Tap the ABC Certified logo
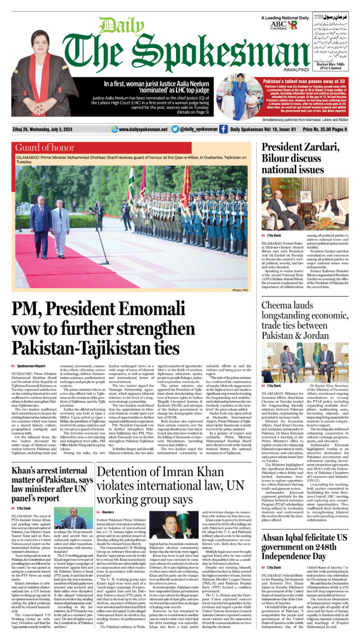(278, 24)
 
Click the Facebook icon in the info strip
(223, 129)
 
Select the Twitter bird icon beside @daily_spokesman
(175, 129)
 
